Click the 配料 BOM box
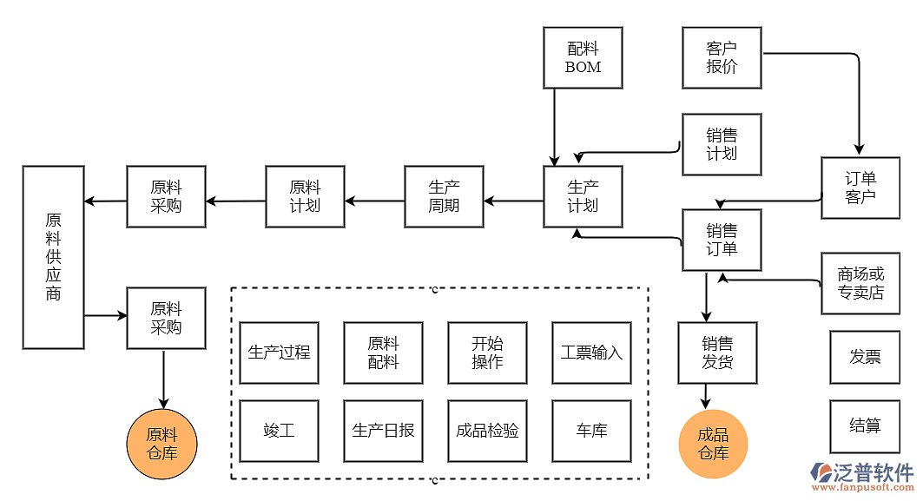tap(583, 57)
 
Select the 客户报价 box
tap(722, 57)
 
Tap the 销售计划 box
tap(722, 144)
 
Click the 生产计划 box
tap(583, 196)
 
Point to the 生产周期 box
tap(444, 196)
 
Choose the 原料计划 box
tap(305, 196)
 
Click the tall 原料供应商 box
tap(53, 257)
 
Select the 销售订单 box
tap(722, 240)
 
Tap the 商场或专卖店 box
tap(860, 283)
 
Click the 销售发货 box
tap(717, 353)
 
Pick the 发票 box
tap(865, 357)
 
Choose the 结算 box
tap(865, 426)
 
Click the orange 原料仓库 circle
tap(162, 444)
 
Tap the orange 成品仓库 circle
tap(713, 444)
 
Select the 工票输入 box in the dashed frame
tap(591, 353)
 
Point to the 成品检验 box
tap(487, 431)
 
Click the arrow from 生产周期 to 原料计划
tap(374, 201)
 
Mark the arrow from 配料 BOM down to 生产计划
tap(554, 126)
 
